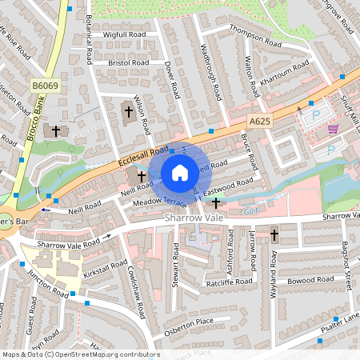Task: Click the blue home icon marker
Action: tap(180, 172)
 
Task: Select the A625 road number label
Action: tap(259, 121)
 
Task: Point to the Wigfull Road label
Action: tap(125, 35)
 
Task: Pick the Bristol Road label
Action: tap(129, 62)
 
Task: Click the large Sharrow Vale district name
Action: tap(194, 217)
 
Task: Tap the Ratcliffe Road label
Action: tap(227, 282)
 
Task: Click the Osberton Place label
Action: tap(189, 321)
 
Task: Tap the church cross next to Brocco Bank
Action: tap(56, 130)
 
